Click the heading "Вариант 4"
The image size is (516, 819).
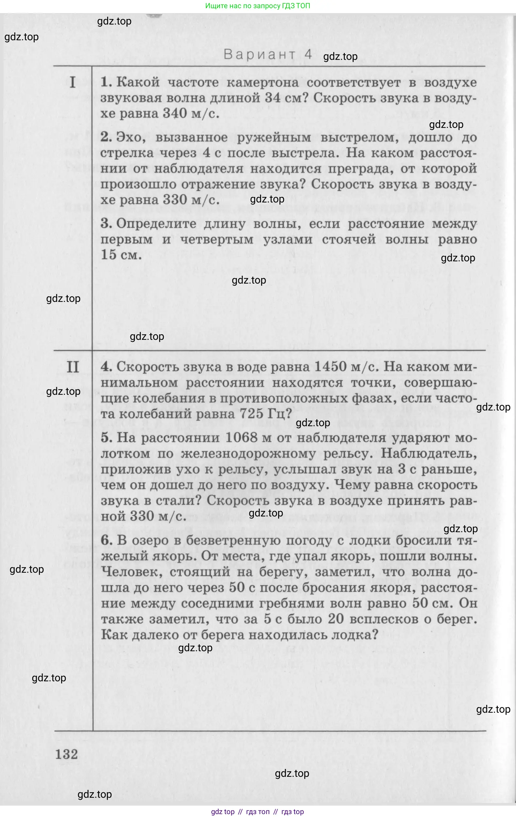coord(268,54)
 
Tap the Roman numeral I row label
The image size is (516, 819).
coord(73,83)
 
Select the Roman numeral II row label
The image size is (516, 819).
coord(73,367)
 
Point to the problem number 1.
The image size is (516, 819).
coord(106,82)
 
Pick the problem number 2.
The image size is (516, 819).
coord(106,137)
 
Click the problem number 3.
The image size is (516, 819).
coord(106,224)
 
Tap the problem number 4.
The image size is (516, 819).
coord(106,367)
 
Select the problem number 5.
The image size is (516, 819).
coord(106,438)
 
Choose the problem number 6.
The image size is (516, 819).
coord(106,540)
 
